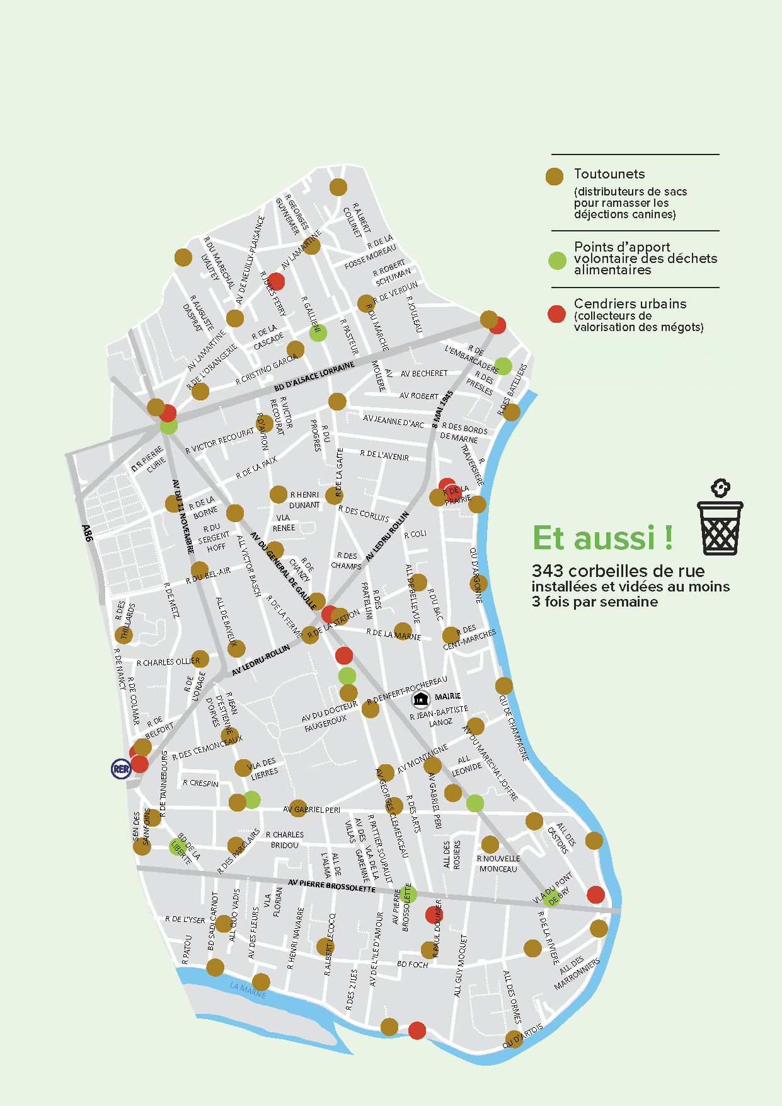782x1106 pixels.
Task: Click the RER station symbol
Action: (x=121, y=769)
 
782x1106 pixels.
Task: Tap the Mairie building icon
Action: (x=421, y=698)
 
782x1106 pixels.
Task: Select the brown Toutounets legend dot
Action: (x=555, y=177)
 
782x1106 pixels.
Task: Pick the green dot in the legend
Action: (x=557, y=260)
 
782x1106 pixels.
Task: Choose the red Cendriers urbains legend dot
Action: (x=556, y=314)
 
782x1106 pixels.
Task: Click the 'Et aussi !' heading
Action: (x=602, y=538)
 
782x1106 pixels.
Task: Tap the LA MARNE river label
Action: (x=248, y=989)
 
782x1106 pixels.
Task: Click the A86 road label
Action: (x=88, y=533)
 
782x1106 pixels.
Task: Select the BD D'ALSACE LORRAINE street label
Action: (x=314, y=376)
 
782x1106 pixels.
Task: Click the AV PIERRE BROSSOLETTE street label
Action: (x=331, y=886)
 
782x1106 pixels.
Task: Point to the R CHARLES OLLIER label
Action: (x=168, y=662)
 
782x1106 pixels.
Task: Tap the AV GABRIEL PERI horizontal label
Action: (x=313, y=810)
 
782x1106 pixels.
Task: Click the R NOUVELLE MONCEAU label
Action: (x=498, y=864)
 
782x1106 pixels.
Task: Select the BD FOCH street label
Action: (x=412, y=964)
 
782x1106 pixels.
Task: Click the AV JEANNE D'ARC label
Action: (x=393, y=421)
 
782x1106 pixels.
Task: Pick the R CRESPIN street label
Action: (x=200, y=783)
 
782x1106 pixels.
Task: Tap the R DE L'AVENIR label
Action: (x=384, y=455)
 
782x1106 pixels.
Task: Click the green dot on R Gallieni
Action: (x=318, y=332)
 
